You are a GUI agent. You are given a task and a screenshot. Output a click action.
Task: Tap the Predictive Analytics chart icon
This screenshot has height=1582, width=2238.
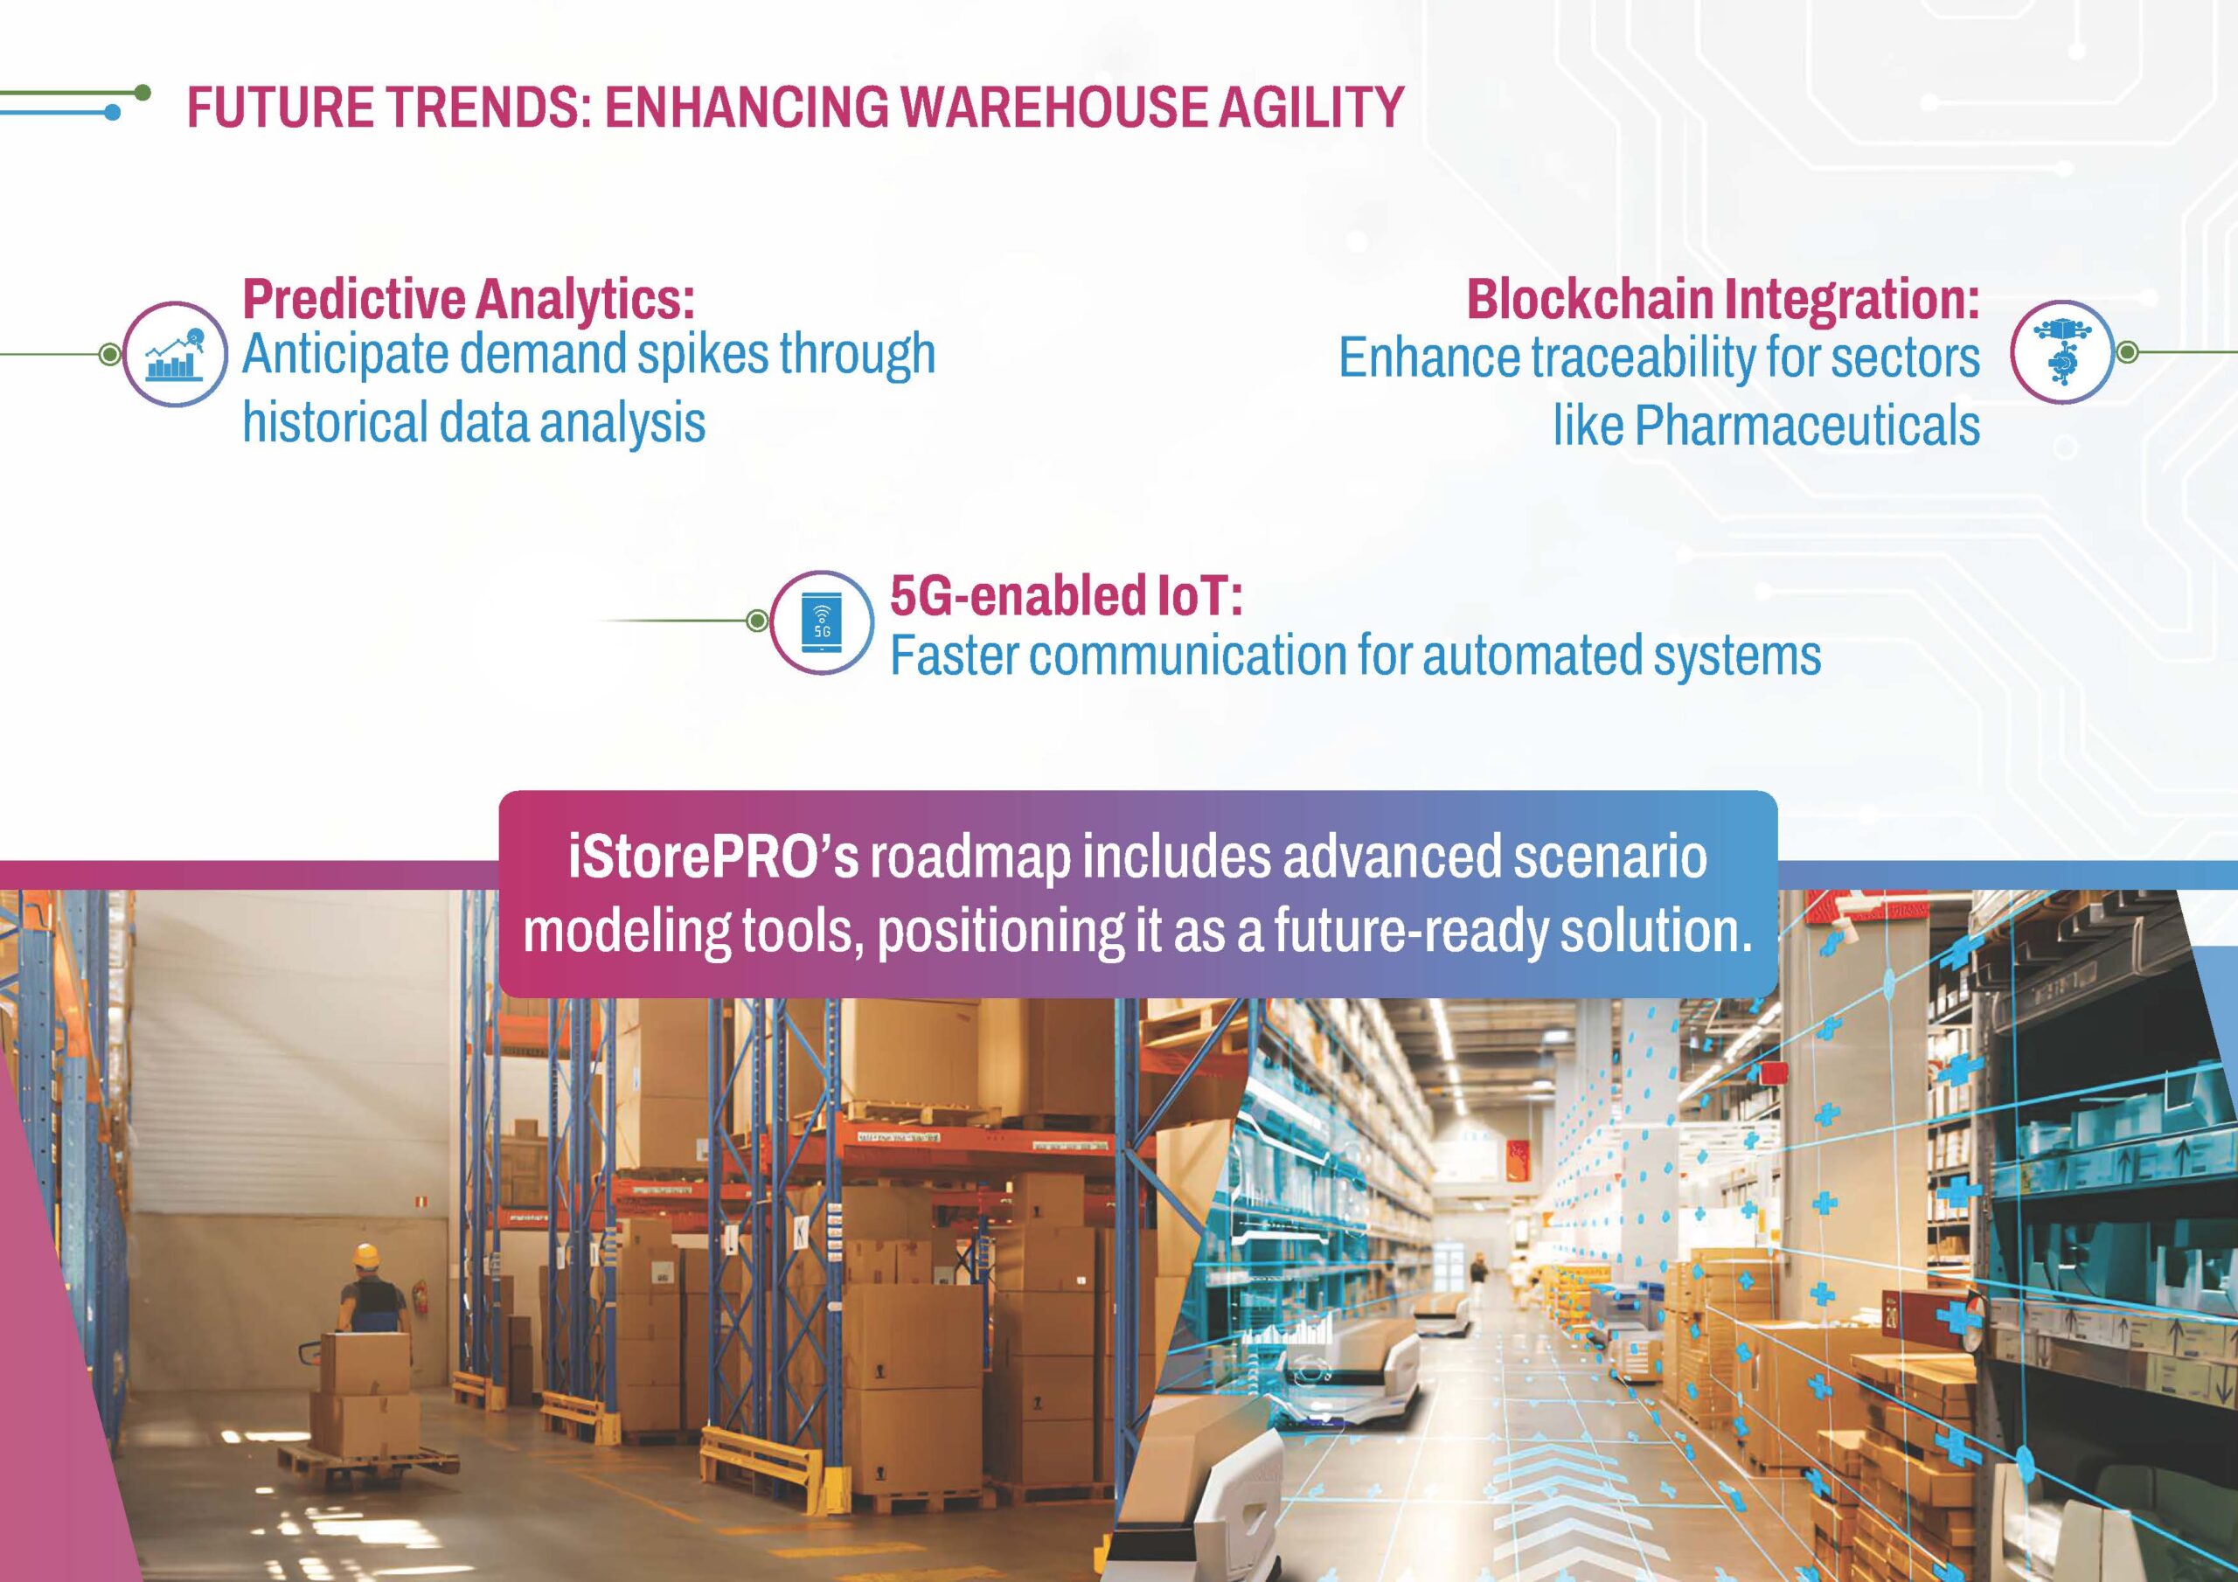pos(175,355)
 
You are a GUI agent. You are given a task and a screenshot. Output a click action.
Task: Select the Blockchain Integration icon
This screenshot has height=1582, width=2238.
pos(2061,352)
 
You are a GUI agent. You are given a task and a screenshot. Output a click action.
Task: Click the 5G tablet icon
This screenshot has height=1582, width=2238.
pos(822,622)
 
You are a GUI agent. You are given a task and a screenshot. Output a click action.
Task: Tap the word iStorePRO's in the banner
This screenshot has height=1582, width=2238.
pos(713,857)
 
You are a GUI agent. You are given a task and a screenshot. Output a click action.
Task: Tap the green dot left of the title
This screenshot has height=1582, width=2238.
pos(142,93)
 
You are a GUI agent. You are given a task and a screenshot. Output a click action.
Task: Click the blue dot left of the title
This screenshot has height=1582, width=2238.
pos(112,113)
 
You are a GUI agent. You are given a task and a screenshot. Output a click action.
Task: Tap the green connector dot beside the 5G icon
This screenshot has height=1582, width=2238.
pos(756,621)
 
